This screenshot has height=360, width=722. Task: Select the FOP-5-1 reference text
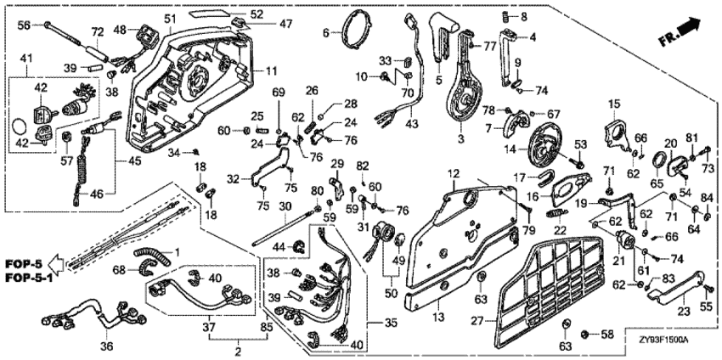(x=22, y=278)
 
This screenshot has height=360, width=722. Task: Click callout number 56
(x=24, y=25)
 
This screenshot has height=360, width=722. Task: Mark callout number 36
(x=105, y=346)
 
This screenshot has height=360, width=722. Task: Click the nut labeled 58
(x=585, y=335)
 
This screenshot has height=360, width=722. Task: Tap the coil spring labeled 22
(x=559, y=213)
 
